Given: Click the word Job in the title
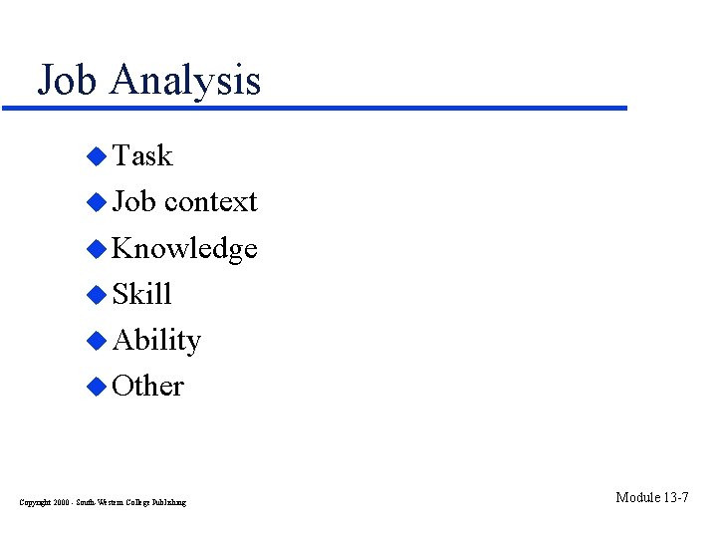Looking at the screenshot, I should (x=69, y=80).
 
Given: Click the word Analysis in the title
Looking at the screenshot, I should (x=185, y=80).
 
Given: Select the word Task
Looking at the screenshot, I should (x=142, y=155).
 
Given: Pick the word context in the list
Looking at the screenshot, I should (x=211, y=201).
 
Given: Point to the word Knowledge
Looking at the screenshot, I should (x=184, y=248).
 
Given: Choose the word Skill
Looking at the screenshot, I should (x=142, y=294).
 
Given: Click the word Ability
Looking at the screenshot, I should (x=156, y=341).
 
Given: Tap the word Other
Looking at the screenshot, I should (x=147, y=386).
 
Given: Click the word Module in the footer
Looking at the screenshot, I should (x=638, y=497).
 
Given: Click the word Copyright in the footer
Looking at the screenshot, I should (x=34, y=502).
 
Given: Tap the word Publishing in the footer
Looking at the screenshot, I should (x=168, y=502).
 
